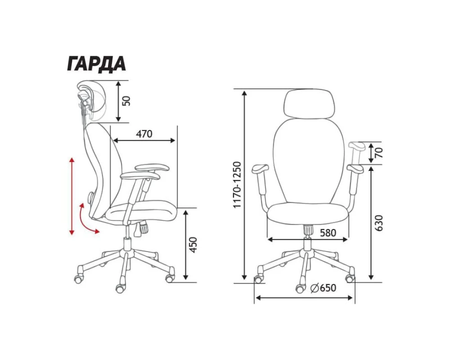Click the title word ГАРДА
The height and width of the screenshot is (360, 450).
[x=96, y=63]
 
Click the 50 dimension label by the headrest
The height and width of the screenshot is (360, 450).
[x=126, y=101]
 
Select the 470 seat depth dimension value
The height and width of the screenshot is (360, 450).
[x=144, y=134]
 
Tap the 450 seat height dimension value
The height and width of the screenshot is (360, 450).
[x=193, y=245]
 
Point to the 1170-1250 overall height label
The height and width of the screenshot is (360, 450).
[x=238, y=185]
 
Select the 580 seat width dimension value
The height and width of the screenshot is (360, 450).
[x=328, y=233]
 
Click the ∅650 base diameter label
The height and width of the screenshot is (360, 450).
[x=323, y=288]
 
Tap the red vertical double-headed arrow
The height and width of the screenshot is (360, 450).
[x=72, y=196]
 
